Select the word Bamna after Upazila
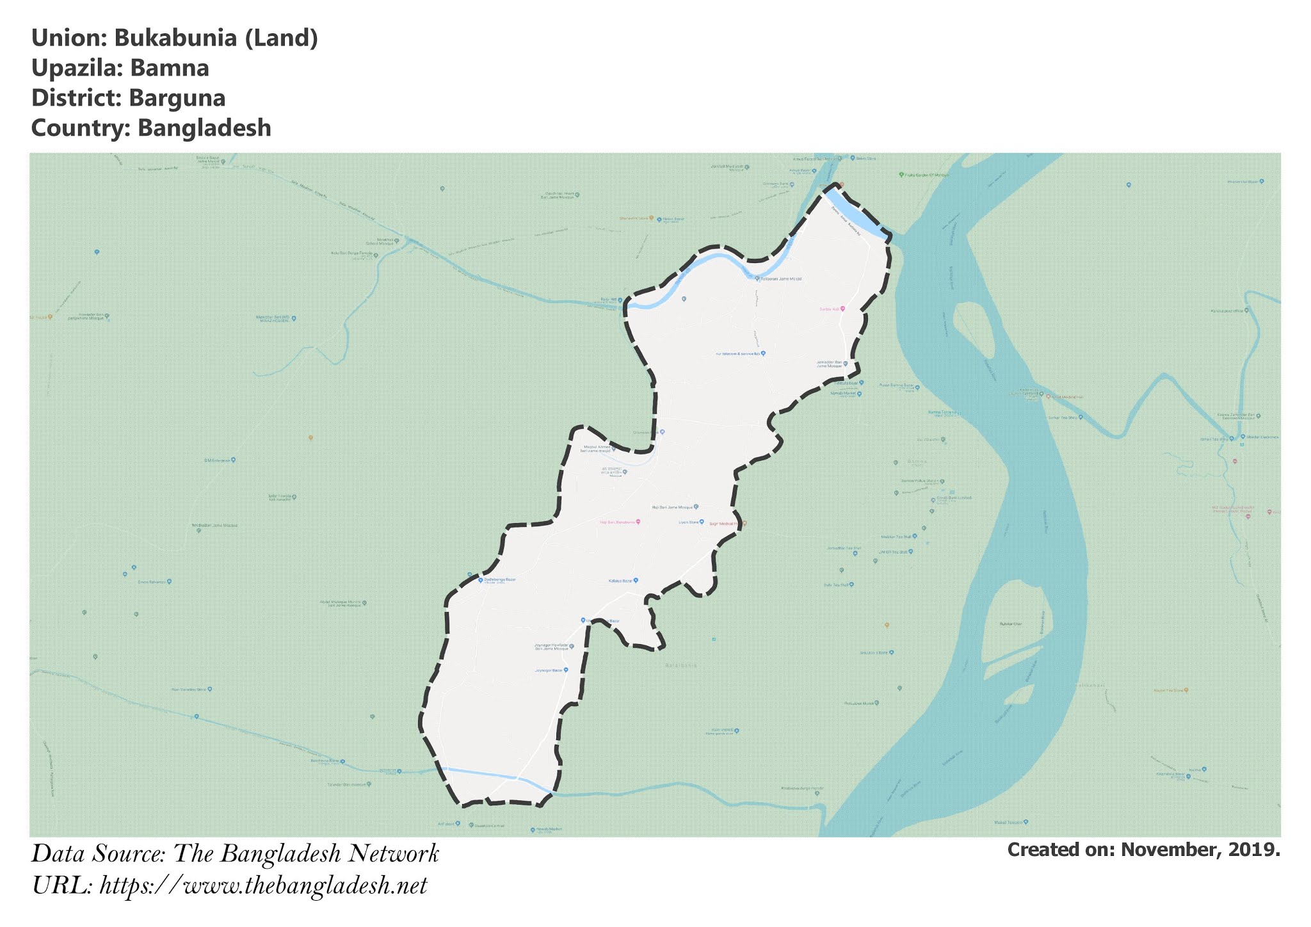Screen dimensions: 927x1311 click(x=170, y=69)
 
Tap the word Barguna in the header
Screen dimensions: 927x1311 click(x=177, y=99)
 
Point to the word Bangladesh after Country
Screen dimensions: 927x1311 click(x=204, y=128)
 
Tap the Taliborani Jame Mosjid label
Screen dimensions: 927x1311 click(x=780, y=279)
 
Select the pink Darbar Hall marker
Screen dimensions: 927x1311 click(x=842, y=309)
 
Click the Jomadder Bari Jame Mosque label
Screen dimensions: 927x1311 click(x=829, y=364)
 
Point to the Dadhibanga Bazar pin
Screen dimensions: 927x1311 click(x=481, y=580)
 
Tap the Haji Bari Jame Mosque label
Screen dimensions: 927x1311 click(x=672, y=507)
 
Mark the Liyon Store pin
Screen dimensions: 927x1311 click(x=702, y=522)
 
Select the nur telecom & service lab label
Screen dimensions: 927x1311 click(x=737, y=353)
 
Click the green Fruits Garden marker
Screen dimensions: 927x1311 click(x=901, y=174)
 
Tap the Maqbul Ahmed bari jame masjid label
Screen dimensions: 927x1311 click(x=595, y=449)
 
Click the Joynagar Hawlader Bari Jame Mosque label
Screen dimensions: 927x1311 click(x=551, y=647)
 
